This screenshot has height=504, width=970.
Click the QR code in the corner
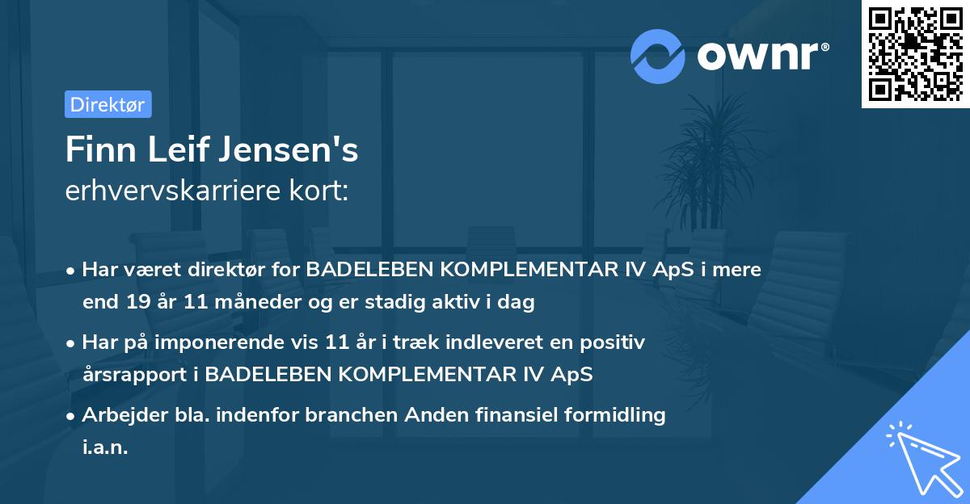(915, 54)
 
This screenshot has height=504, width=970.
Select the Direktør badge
(108, 104)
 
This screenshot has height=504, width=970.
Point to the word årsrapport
(131, 375)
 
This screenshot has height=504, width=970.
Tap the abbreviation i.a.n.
(105, 447)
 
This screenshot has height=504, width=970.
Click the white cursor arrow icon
(921, 460)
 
